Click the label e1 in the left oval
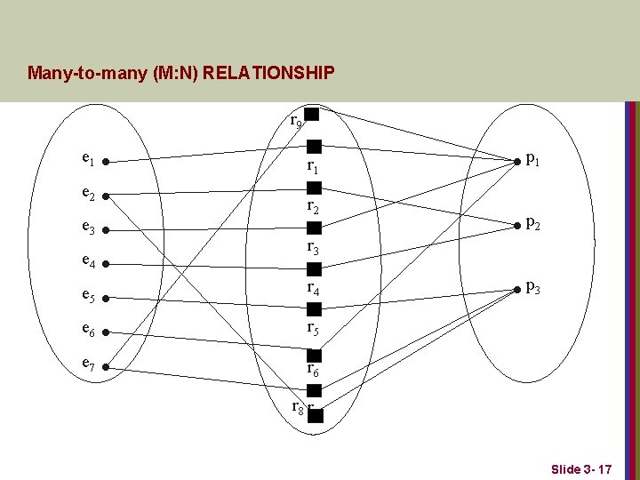click(87, 160)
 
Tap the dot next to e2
click(104, 196)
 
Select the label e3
click(87, 228)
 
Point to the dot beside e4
click(104, 264)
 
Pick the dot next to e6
click(104, 332)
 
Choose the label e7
click(87, 364)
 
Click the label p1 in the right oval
click(532, 160)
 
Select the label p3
click(532, 287)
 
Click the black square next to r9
click(312, 115)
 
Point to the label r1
click(313, 166)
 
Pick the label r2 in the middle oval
click(313, 207)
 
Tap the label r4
click(313, 288)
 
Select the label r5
click(313, 328)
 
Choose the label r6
click(313, 367)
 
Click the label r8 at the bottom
click(298, 407)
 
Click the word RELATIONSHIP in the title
click(268, 72)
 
